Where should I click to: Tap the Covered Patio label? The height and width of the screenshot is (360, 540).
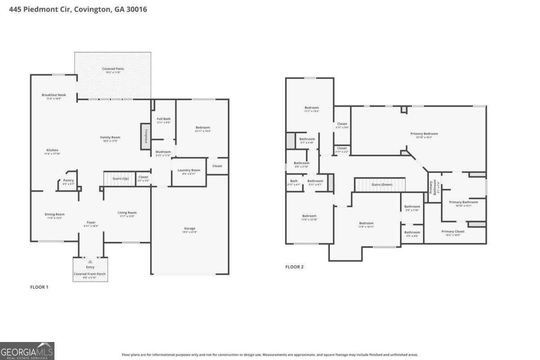tap(113, 69)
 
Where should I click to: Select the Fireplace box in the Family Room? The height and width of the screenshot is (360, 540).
tap(146, 135)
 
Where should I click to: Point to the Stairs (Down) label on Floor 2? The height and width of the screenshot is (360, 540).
tap(382, 184)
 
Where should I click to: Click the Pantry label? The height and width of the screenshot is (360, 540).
tap(68, 180)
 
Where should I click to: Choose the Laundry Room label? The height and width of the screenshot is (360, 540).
tap(189, 170)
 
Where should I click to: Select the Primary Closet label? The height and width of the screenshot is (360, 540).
tap(453, 231)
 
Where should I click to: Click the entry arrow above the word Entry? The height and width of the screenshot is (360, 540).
tap(90, 261)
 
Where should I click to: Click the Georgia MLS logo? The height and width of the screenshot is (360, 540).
tap(27, 351)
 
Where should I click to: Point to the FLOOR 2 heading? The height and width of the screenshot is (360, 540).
tap(294, 267)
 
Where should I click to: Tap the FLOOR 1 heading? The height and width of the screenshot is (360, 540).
tap(39, 287)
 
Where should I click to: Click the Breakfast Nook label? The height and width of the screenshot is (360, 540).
tap(54, 95)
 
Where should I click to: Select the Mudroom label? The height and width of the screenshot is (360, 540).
tap(163, 152)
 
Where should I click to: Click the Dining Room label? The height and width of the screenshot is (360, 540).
tap(54, 214)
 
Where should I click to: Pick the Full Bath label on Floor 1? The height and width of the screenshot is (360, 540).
tap(163, 119)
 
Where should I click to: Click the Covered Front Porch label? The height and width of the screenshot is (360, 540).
tap(90, 274)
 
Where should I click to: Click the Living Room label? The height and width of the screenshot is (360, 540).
tap(127, 213)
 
